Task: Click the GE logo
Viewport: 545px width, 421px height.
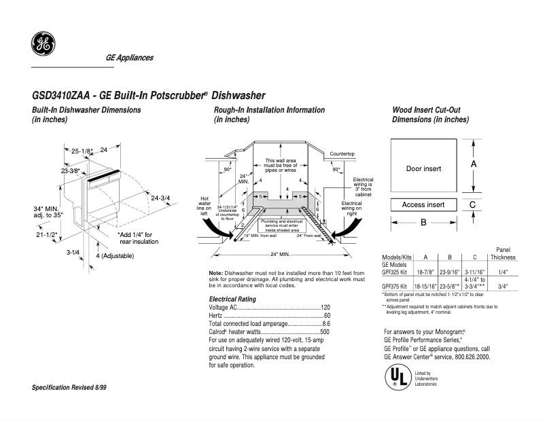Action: [43, 45]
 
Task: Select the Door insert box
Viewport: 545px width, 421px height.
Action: [423, 168]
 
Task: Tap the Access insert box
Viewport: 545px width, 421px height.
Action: [423, 204]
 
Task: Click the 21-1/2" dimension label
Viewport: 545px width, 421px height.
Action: [45, 234]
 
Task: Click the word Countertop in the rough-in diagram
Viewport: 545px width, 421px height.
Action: [342, 155]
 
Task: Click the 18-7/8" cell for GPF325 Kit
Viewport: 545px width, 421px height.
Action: [425, 271]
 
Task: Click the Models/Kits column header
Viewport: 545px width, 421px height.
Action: [398, 257]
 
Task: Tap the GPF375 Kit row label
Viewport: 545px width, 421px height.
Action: [395, 287]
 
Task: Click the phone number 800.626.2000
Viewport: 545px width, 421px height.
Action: [469, 356]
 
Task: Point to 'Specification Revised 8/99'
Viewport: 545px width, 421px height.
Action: [69, 387]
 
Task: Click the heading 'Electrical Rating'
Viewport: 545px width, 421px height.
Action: [232, 299]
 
